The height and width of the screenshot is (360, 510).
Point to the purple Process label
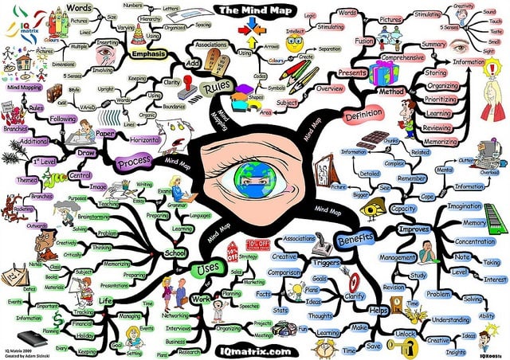click(x=135, y=162)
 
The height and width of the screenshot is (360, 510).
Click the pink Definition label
click(x=365, y=116)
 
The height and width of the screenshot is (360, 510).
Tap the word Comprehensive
click(x=401, y=58)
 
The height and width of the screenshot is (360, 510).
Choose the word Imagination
click(x=465, y=206)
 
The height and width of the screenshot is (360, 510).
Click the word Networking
click(x=177, y=315)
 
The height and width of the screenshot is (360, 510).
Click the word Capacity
click(x=404, y=209)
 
